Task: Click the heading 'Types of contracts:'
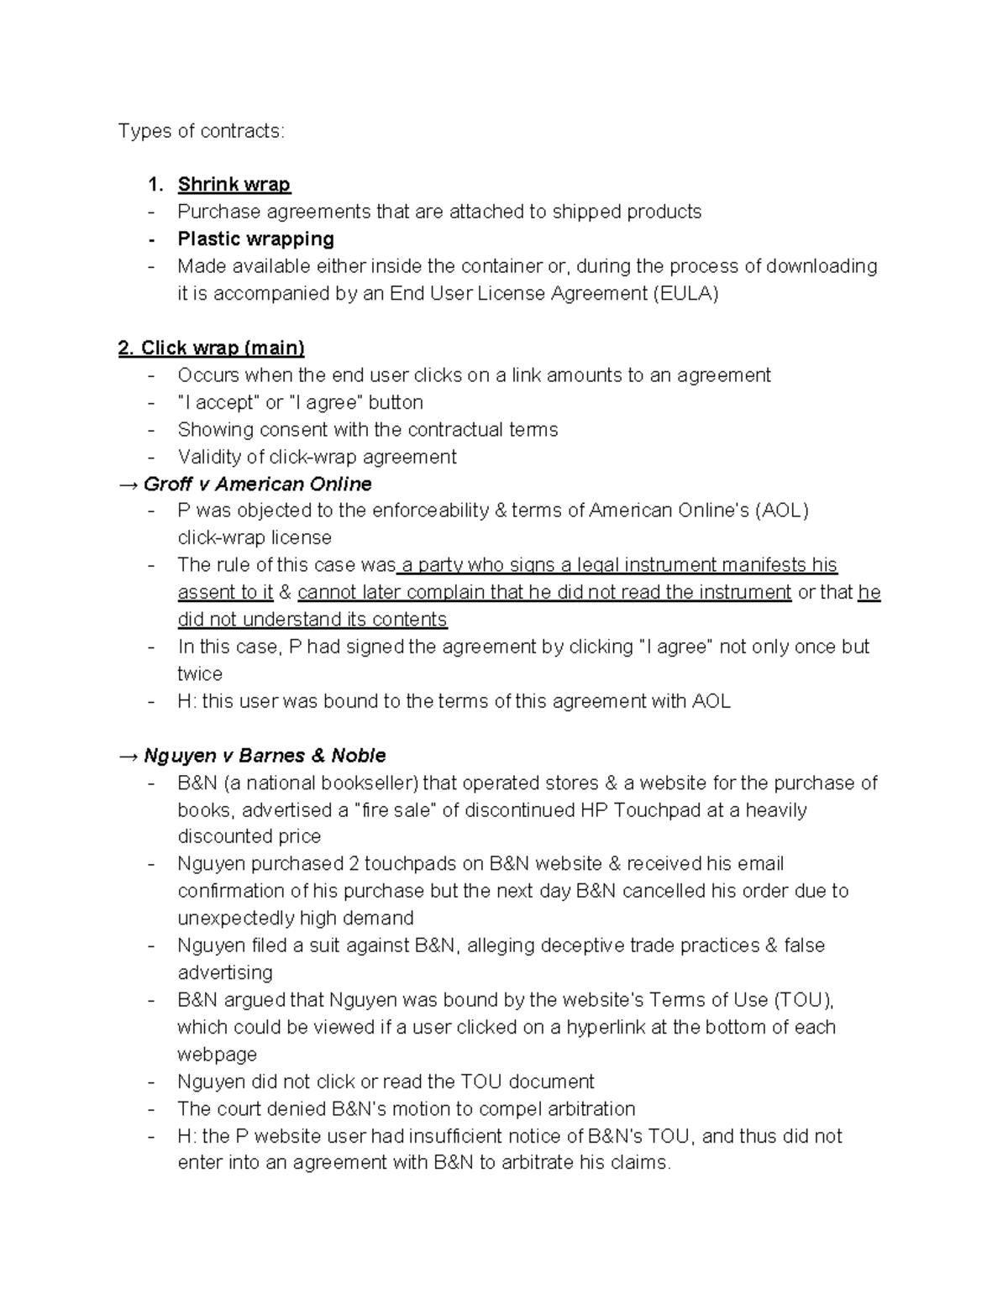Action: [x=201, y=131]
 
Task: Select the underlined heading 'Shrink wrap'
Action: [x=234, y=185]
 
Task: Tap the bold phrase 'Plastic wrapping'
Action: [x=255, y=239]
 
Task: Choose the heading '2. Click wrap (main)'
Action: [x=211, y=348]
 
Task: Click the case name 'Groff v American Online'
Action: [x=257, y=484]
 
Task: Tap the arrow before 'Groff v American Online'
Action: [x=129, y=484]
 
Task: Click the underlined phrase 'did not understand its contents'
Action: [x=312, y=620]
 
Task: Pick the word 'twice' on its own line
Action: [x=200, y=674]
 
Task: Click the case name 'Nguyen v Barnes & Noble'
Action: [x=265, y=756]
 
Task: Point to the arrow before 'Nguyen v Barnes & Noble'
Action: [x=129, y=756]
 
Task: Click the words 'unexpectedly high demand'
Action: [x=296, y=918]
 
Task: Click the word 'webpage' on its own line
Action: [x=217, y=1055]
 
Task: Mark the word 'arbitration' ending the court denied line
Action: [x=585, y=1109]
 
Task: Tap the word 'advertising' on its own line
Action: [x=225, y=972]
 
